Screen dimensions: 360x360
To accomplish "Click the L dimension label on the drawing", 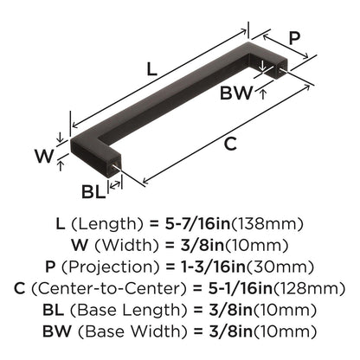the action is [x=152, y=69].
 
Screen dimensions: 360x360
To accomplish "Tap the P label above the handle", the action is [x=294, y=38].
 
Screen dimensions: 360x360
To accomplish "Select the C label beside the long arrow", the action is [x=230, y=144].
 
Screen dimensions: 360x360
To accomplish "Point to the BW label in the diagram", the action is [x=236, y=93].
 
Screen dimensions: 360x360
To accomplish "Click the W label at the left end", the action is [x=44, y=156].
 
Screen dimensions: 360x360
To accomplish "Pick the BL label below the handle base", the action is [x=93, y=191].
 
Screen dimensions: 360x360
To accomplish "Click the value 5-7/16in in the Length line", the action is [x=198, y=224].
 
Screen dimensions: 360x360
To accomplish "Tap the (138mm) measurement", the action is [x=267, y=224].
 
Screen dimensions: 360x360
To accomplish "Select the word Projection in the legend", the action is [x=110, y=267].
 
